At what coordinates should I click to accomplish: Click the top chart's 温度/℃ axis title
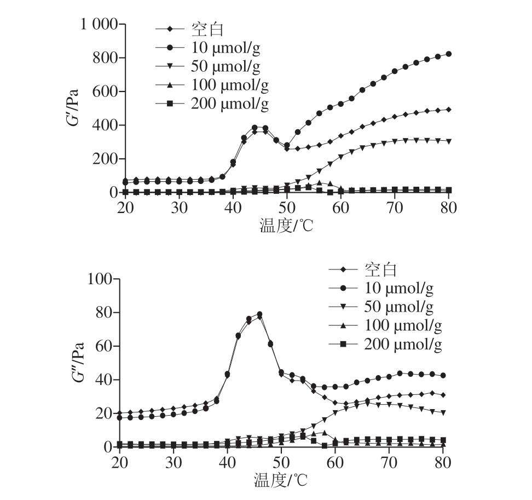coord(286,225)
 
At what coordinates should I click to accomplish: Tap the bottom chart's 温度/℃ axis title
coord(280,480)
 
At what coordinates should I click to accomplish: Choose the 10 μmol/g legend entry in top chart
coord(225,48)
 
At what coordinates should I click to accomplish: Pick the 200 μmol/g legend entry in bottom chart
coord(402,344)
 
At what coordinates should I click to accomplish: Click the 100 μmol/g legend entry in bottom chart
coord(402,325)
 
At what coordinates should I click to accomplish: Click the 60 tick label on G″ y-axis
coord(103,347)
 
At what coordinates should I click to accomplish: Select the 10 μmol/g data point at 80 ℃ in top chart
coord(448,54)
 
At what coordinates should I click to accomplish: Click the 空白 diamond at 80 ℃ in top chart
coord(448,110)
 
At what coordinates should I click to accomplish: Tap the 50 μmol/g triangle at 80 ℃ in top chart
coord(448,141)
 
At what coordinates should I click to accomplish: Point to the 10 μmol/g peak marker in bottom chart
coord(259,314)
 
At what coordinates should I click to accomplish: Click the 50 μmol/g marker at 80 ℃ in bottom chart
coord(442,412)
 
